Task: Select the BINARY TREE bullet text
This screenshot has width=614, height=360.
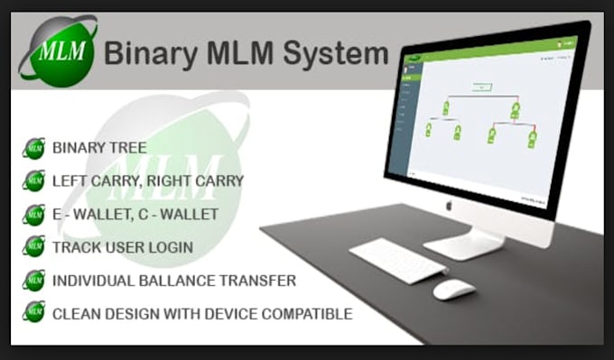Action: click(99, 148)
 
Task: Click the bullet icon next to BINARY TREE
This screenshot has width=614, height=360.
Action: click(34, 149)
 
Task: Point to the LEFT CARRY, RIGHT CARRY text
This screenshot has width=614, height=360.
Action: click(148, 181)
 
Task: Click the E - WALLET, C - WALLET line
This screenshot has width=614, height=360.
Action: click(135, 215)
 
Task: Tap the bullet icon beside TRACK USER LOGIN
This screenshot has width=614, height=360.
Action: click(34, 246)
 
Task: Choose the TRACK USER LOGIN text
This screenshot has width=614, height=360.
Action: click(123, 247)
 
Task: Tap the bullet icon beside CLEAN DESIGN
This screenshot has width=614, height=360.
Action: click(34, 313)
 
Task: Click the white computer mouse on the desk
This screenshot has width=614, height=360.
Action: click(453, 290)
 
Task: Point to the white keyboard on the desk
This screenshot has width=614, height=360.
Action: click(397, 261)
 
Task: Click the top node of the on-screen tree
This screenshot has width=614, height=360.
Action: click(481, 87)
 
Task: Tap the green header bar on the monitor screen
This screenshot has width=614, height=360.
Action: click(488, 53)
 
